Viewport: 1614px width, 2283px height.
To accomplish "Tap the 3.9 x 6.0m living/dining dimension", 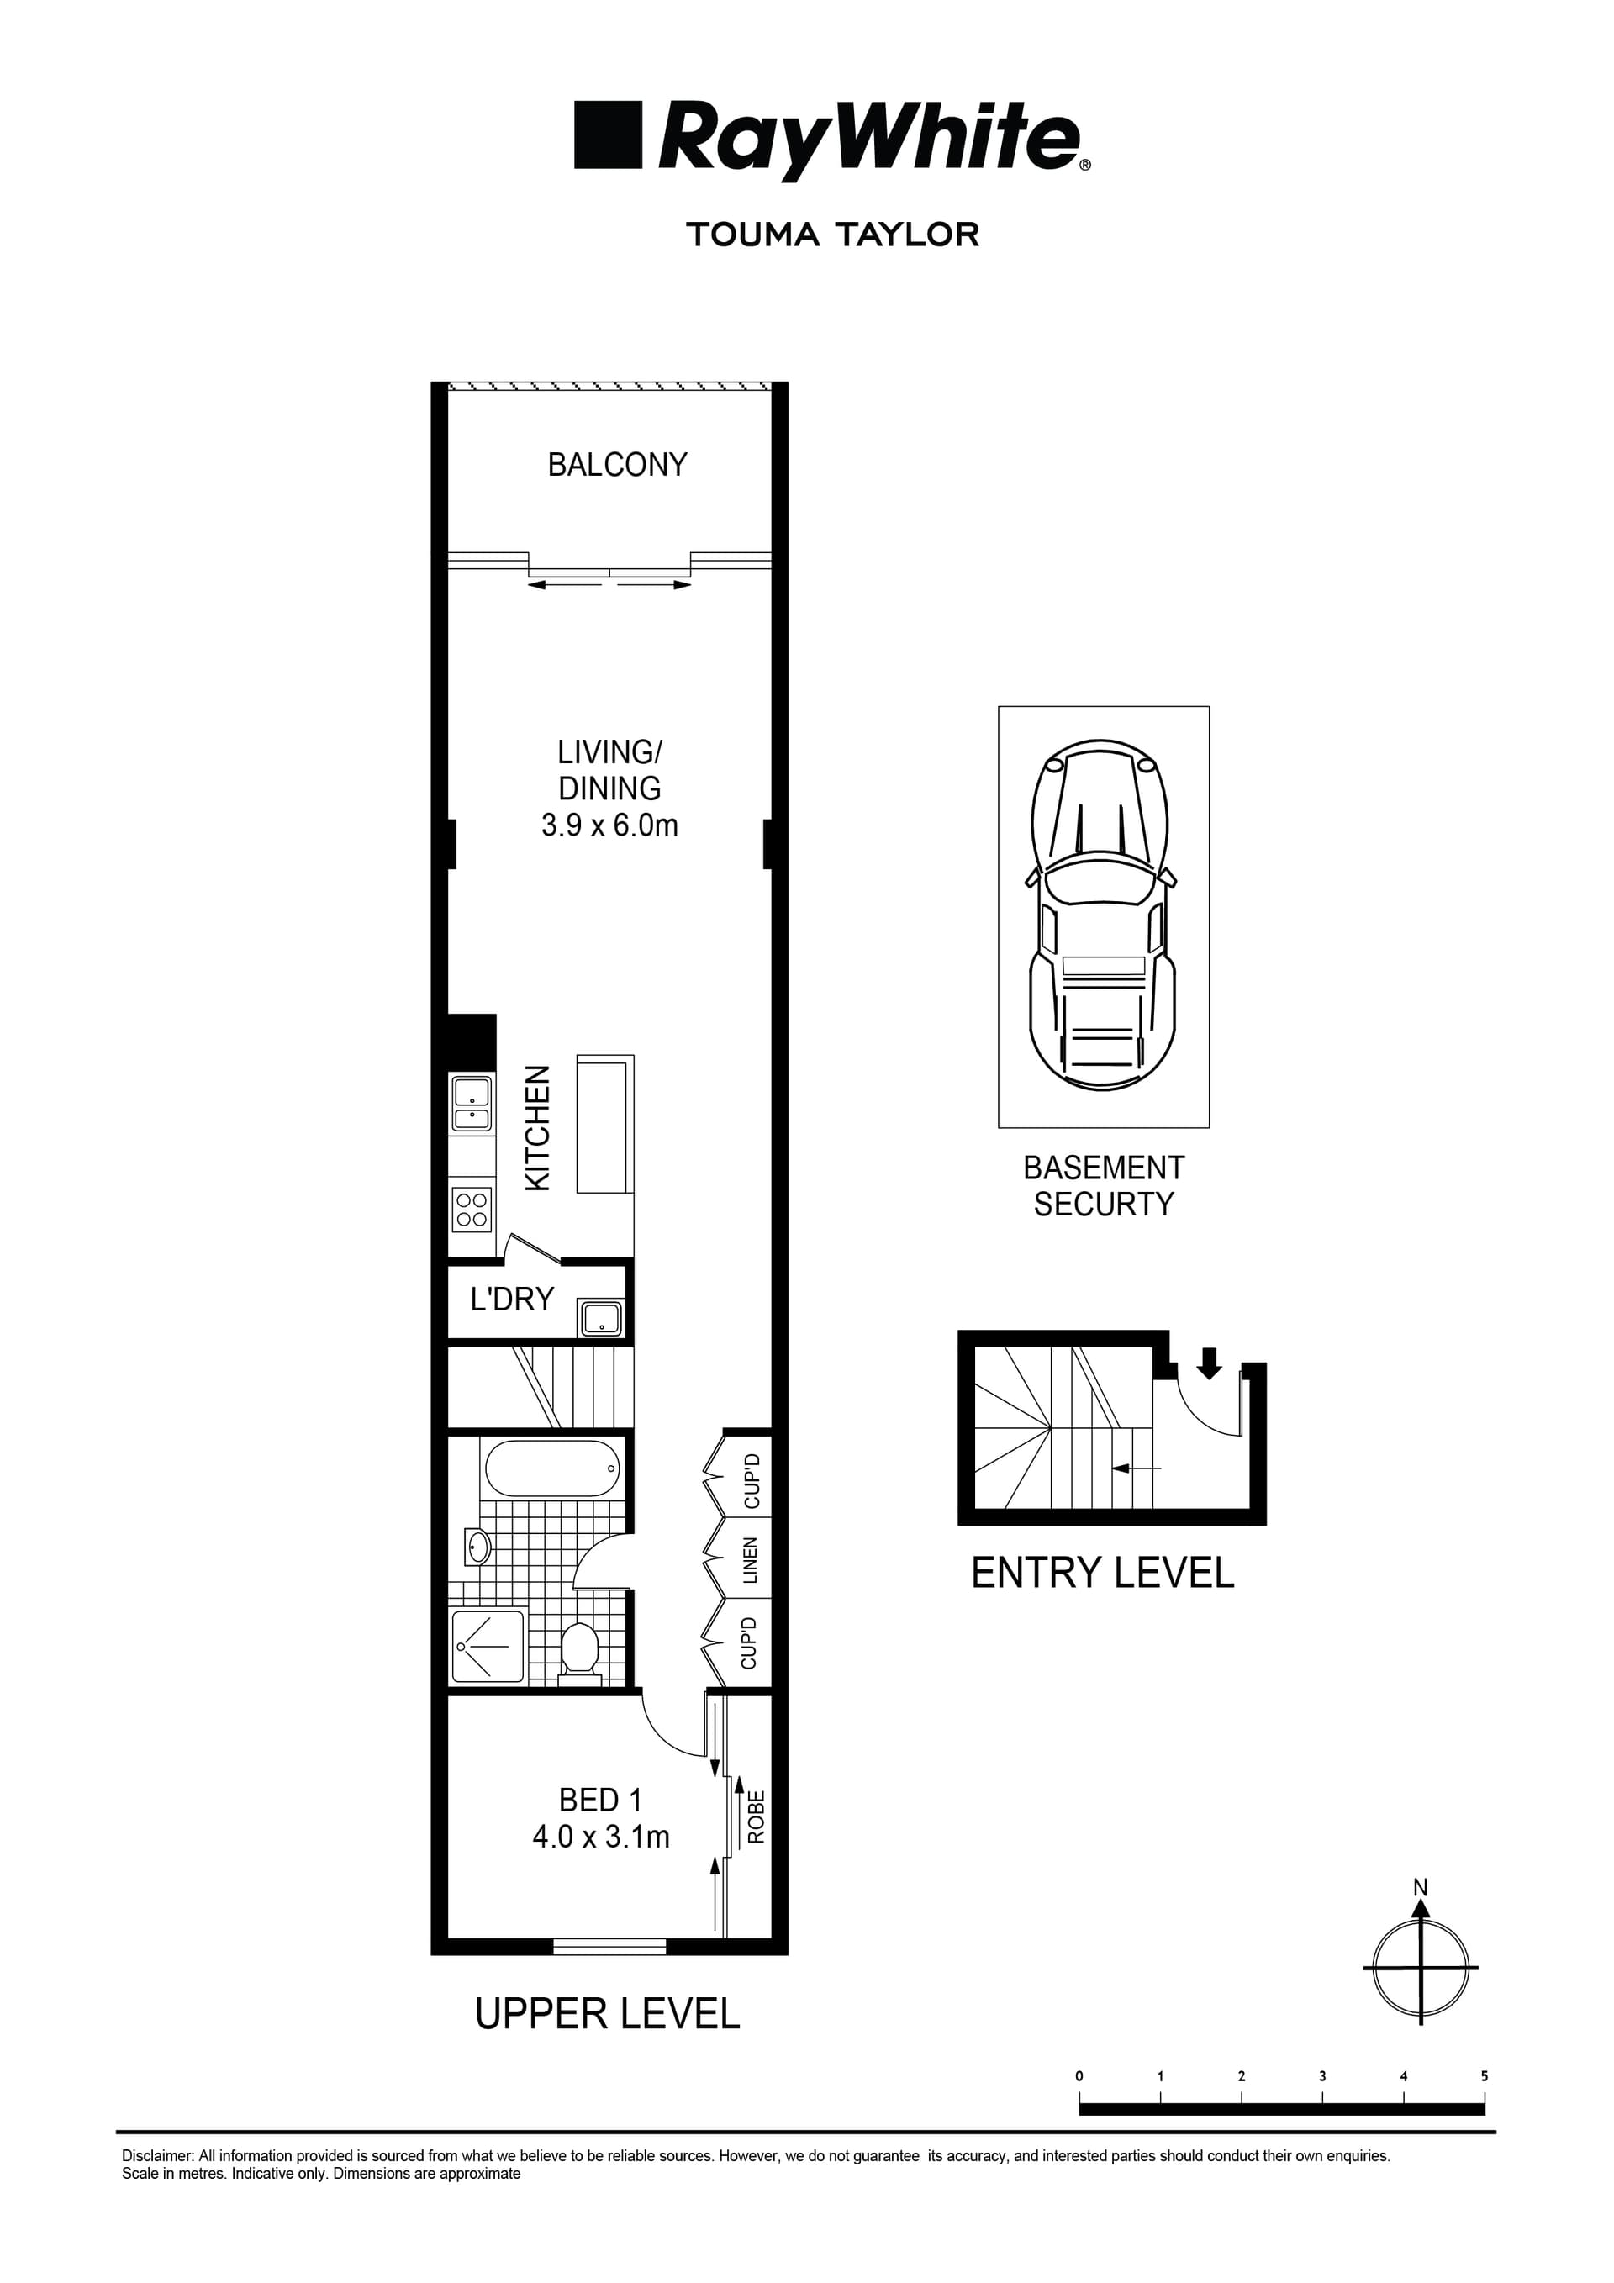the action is (609, 825).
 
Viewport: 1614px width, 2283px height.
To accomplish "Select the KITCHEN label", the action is (537, 1129).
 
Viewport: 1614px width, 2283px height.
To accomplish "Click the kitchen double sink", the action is (472, 1104).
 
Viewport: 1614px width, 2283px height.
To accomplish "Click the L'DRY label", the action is (512, 1299).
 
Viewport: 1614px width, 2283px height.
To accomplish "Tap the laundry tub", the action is (602, 1320).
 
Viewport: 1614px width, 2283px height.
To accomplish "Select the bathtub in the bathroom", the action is (552, 1468).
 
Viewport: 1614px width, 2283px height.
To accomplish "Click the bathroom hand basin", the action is (478, 1547).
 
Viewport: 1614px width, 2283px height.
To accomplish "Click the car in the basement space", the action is (1103, 915).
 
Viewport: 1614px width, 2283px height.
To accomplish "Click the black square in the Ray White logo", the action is (607, 134).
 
